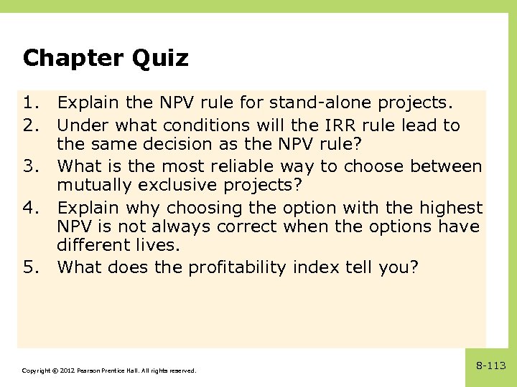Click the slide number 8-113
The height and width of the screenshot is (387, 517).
[491, 366]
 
